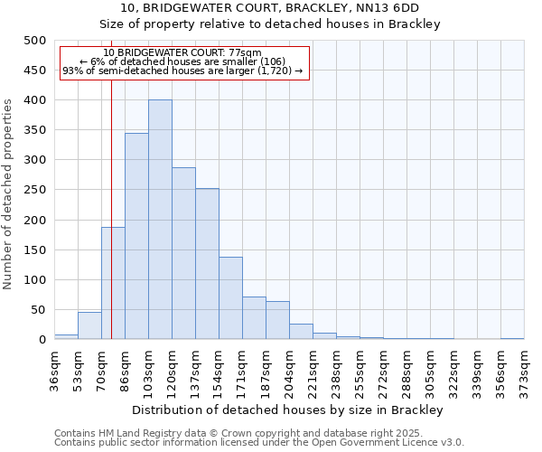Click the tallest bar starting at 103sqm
coord(160,220)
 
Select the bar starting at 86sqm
coord(136,236)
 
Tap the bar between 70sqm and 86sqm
coord(113,283)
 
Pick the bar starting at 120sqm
coord(183,253)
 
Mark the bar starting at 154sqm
coord(230,298)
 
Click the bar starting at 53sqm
coord(89,325)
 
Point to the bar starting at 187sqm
coord(277,321)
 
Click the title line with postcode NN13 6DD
coord(270,8)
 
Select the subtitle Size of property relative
coord(270,24)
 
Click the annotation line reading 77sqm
coord(182,52)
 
